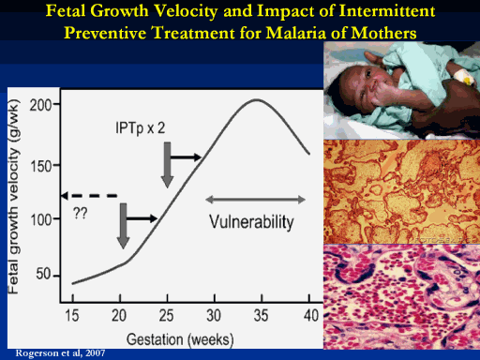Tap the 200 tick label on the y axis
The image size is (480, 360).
coord(40,105)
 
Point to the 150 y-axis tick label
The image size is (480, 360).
coord(40,166)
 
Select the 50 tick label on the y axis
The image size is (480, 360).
coord(43,274)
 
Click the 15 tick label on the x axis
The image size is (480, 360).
coord(72,316)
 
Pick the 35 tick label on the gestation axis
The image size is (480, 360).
coord(261,316)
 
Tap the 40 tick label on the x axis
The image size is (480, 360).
coord(311,316)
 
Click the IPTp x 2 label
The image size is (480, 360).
coord(141,127)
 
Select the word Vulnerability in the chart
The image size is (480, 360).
coord(251,222)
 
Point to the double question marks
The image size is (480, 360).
coord(81,213)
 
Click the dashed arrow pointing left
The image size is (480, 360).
coord(89,196)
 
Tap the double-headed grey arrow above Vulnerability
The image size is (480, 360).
coord(255,200)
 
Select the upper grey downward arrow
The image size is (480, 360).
coord(168,165)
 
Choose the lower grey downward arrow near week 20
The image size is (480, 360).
coord(124,226)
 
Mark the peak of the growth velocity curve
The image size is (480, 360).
coord(256,99)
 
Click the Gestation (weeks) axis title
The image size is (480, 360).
coord(180,340)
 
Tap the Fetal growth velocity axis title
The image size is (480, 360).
coord(13,197)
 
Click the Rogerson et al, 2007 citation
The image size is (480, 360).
coord(60,353)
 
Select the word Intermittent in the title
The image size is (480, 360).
coord(387,11)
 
